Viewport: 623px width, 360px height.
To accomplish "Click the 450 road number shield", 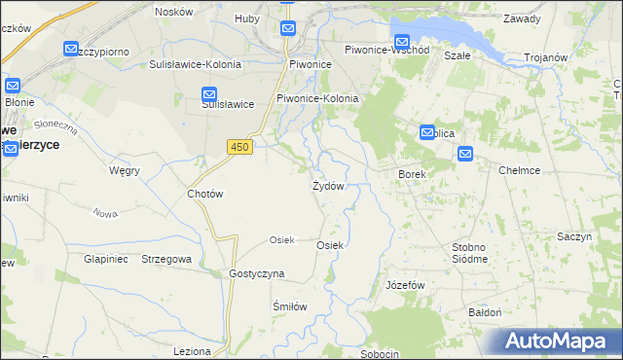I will point(238,146).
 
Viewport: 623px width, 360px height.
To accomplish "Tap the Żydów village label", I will point(327,186).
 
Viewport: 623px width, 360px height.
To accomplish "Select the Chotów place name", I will point(204,194).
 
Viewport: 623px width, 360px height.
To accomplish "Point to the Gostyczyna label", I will point(256,274).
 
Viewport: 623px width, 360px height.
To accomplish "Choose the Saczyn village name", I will point(574,236).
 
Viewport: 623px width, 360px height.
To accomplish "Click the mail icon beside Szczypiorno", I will point(71,49).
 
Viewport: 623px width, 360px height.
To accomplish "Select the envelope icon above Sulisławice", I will point(209,94).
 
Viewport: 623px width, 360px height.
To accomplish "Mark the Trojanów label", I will point(545,57).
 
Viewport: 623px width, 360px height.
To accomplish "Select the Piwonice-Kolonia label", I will point(317,98).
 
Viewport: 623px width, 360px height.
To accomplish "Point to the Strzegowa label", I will point(166,260).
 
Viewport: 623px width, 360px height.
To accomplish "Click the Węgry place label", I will point(125,170).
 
